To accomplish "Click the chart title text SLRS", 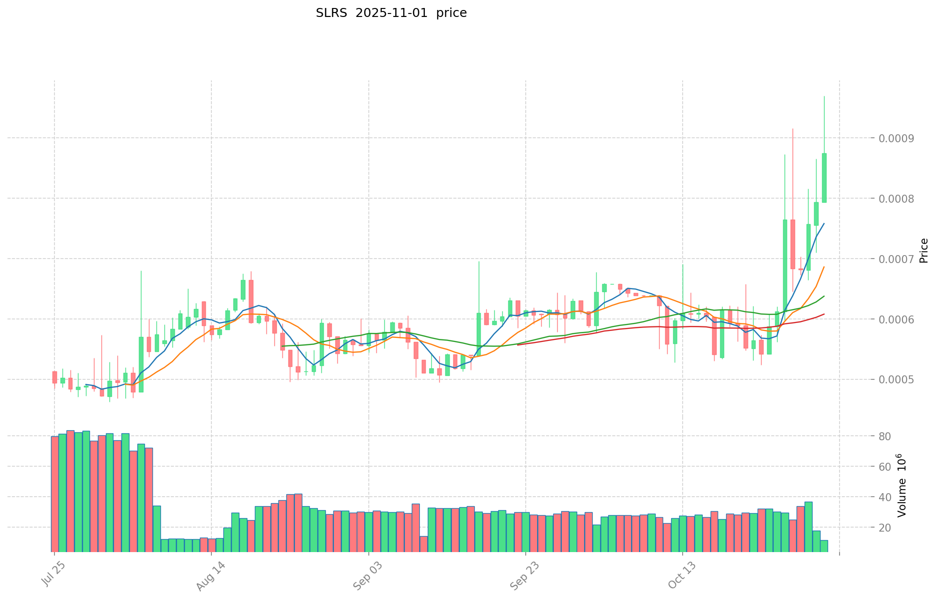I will pyautogui.click(x=332, y=13).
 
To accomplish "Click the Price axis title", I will pyautogui.click(x=924, y=251).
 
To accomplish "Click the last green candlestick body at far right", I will pyautogui.click(x=824, y=178).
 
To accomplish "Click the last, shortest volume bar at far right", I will pyautogui.click(x=824, y=546).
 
